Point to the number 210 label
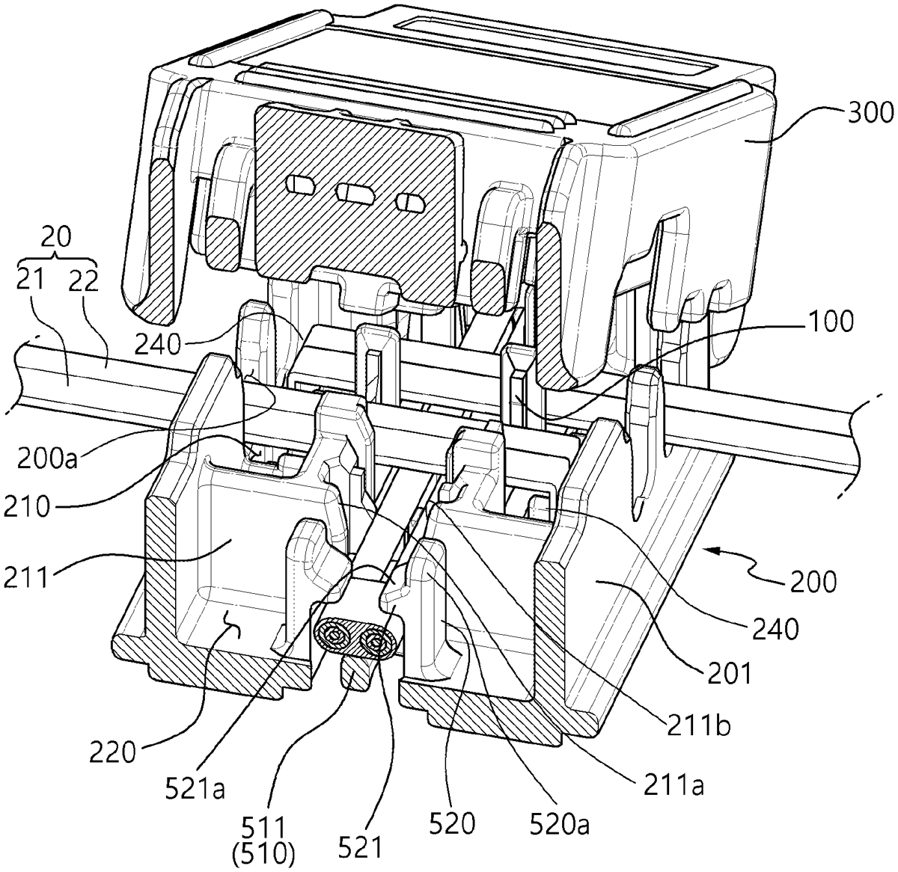pos(27,507)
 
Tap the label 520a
pos(559,823)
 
